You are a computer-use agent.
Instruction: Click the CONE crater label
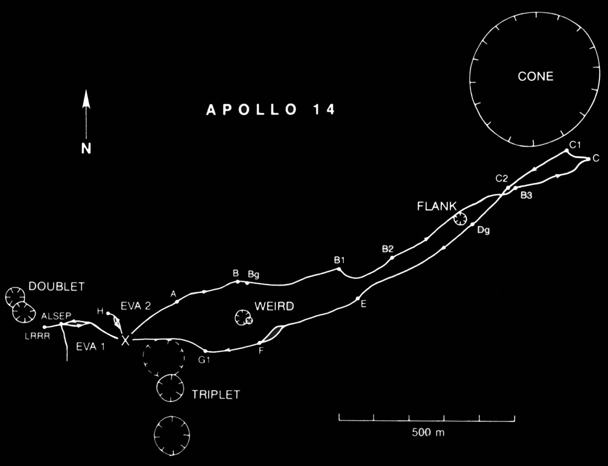tap(535, 76)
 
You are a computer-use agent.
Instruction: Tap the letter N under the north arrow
tap(86, 148)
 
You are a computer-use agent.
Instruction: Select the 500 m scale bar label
tap(428, 433)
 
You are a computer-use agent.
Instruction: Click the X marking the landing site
tap(125, 341)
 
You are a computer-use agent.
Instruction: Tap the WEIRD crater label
tap(274, 306)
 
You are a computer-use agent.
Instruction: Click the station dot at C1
tap(567, 150)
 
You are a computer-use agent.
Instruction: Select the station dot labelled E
tap(358, 299)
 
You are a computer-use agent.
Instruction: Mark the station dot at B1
tap(339, 269)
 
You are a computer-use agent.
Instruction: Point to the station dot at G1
tap(205, 351)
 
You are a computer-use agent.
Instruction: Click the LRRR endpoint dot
tap(44, 327)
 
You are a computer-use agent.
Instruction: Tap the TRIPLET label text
tap(216, 395)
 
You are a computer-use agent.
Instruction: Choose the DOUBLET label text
tap(56, 287)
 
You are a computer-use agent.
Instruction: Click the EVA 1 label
tap(90, 347)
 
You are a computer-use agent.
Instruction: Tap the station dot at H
tap(108, 313)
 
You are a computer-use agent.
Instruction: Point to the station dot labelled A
tap(177, 301)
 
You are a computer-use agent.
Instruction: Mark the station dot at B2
tap(392, 258)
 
